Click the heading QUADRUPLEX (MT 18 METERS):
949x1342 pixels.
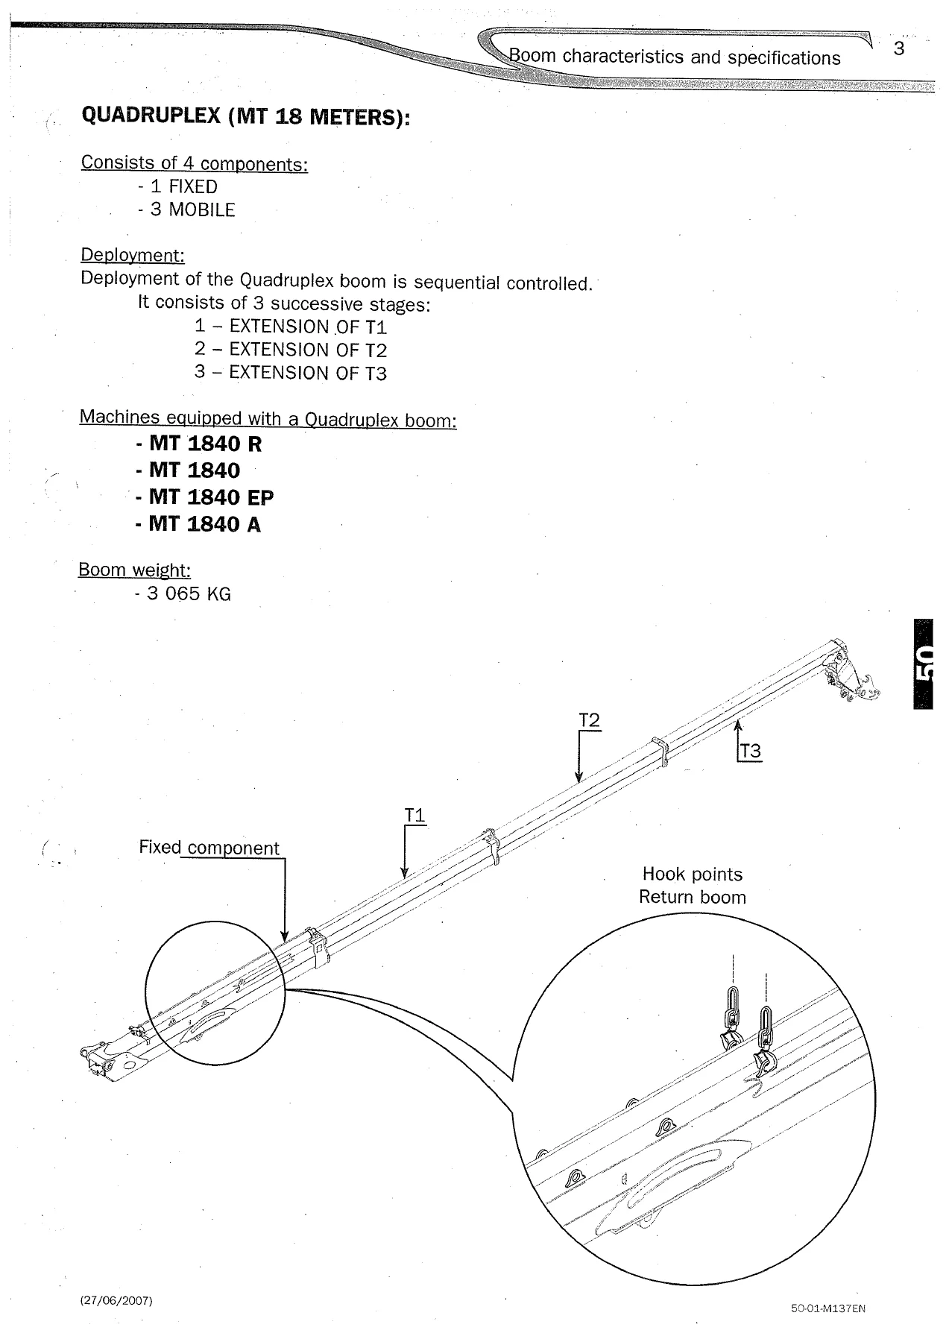tap(245, 116)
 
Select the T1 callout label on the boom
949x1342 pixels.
tap(414, 816)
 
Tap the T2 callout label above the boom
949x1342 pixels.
tap(589, 720)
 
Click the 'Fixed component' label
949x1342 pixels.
tap(209, 848)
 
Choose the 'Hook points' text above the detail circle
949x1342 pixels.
tap(693, 874)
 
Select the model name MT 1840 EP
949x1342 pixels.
tap(211, 497)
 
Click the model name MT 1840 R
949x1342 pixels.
tap(205, 444)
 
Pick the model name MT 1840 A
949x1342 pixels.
tap(205, 524)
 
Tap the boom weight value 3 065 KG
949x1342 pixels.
tap(189, 594)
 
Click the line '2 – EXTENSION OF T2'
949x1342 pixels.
tap(291, 350)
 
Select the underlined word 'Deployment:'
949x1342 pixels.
tap(133, 256)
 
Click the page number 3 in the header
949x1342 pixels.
tap(898, 49)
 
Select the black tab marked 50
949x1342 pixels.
tap(923, 664)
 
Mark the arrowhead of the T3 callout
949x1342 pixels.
tap(737, 722)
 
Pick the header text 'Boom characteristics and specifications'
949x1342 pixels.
tap(674, 57)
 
